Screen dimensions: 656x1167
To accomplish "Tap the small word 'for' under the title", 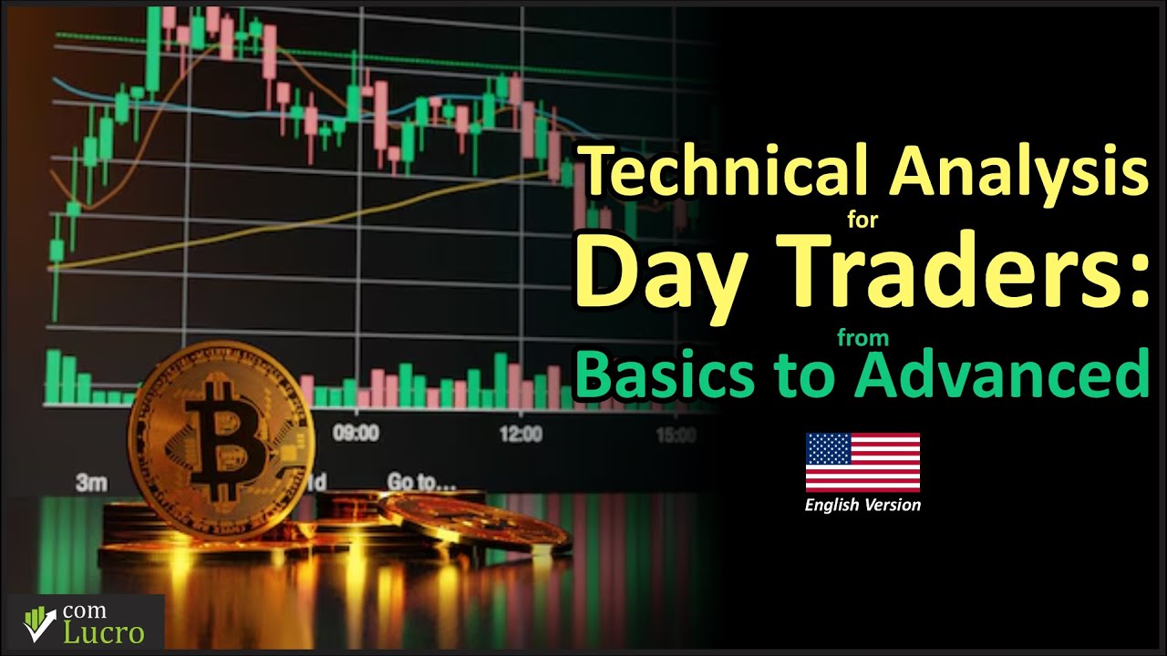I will tap(862, 219).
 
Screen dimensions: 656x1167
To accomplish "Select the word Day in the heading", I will tap(656, 270).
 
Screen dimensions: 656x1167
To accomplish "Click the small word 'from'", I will tap(862, 338).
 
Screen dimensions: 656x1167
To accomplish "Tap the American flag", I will tap(862, 462).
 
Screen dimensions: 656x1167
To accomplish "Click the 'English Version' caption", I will tap(862, 505).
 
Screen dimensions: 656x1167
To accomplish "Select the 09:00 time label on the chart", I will tap(356, 433).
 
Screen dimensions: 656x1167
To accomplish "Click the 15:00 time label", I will tap(675, 436).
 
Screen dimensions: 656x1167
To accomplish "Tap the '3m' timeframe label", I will tap(91, 482).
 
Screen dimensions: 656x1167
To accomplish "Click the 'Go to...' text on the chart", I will tap(421, 481).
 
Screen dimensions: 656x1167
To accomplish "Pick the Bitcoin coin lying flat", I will tap(474, 522).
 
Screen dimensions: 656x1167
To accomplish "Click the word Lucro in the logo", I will tap(103, 633).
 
